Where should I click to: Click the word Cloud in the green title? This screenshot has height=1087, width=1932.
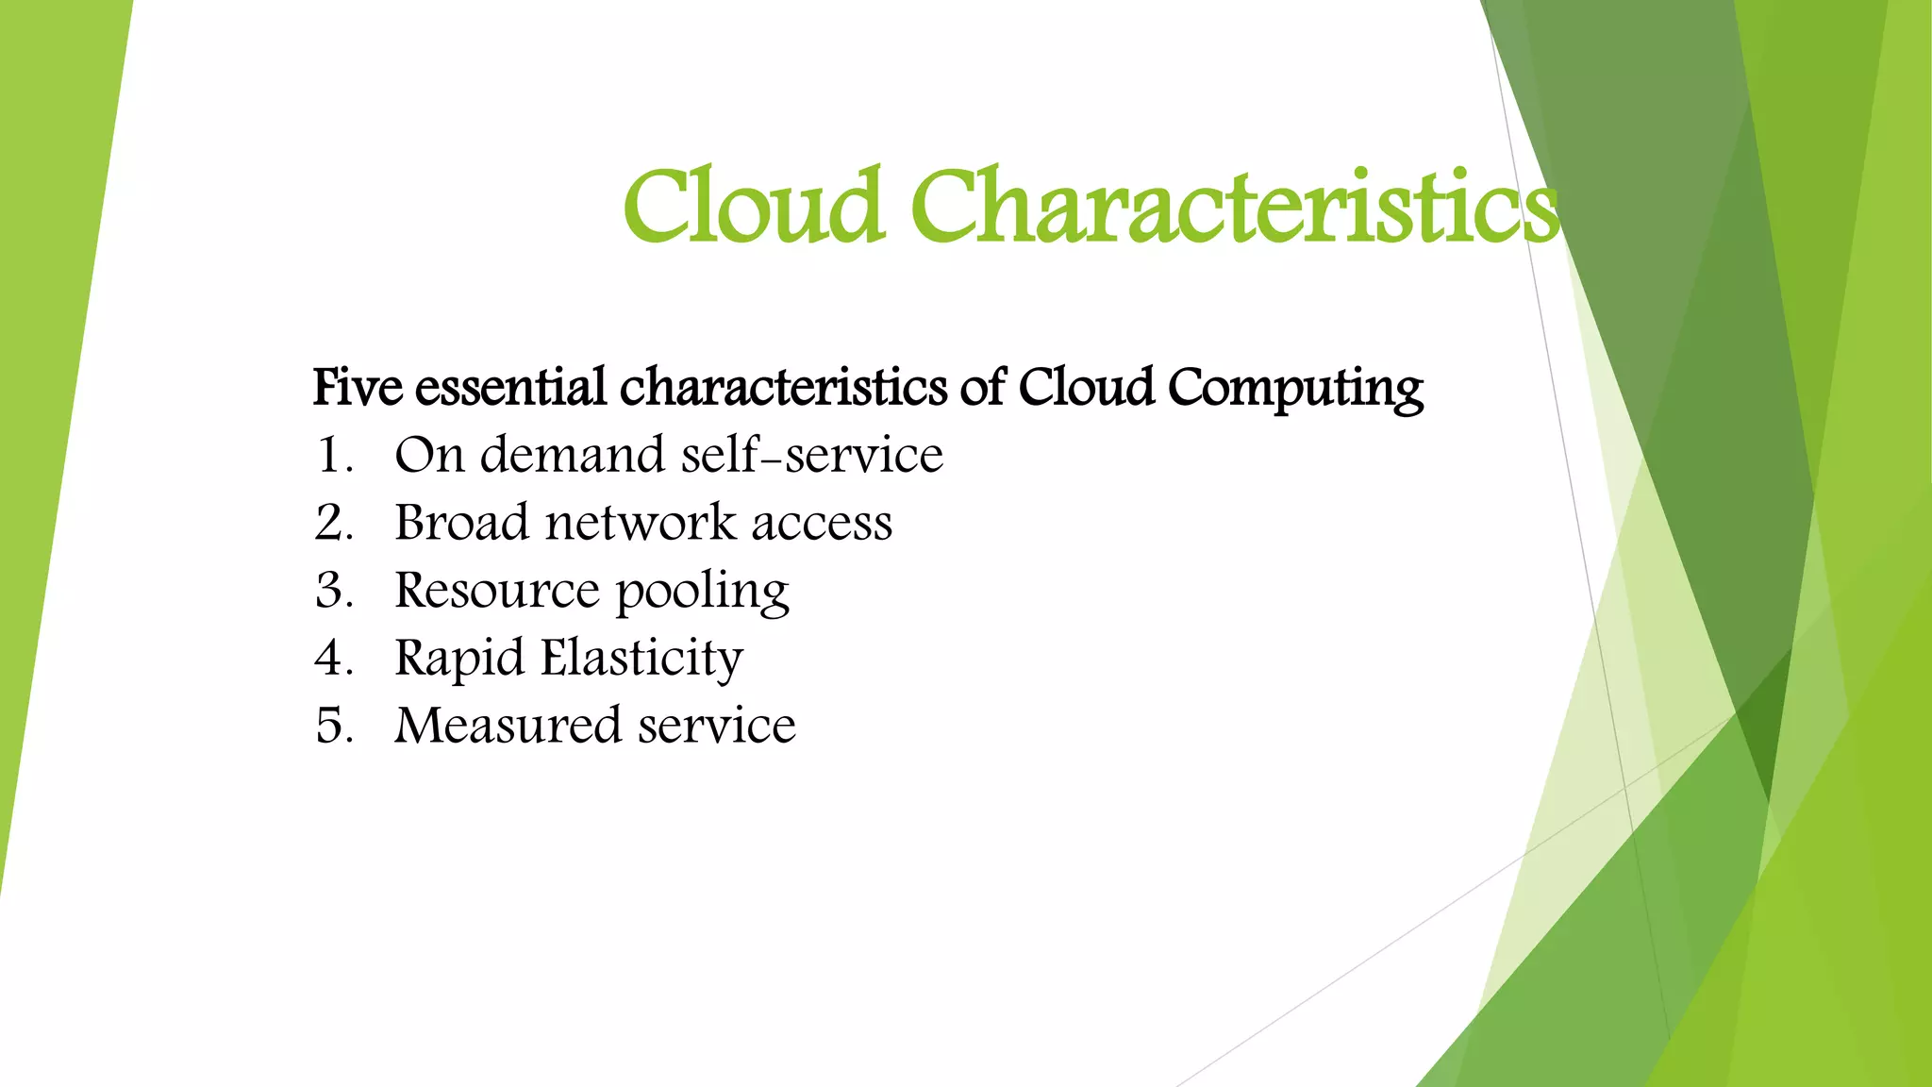[753, 206]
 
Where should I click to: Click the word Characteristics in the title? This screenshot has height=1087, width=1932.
[1234, 206]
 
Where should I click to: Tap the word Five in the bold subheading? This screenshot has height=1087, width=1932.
[358, 387]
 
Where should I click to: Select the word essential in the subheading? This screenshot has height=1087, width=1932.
[510, 387]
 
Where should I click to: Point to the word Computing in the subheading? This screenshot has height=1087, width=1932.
[1295, 389]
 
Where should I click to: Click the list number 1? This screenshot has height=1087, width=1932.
[333, 456]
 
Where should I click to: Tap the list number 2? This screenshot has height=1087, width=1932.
[333, 523]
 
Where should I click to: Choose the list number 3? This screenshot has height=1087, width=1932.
[333, 591]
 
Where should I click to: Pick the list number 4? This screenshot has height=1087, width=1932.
[333, 659]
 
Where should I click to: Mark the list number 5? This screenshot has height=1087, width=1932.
[333, 727]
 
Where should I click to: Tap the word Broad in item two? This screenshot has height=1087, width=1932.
[461, 523]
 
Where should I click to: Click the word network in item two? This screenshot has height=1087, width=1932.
[640, 523]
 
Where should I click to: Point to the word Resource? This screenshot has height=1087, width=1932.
[496, 591]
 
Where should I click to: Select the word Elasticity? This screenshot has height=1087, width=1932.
[641, 659]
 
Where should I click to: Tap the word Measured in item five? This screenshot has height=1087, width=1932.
[508, 727]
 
